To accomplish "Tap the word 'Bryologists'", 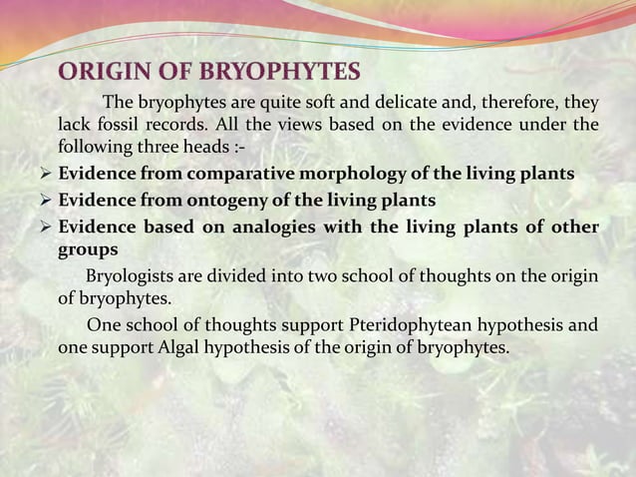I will pyautogui.click(x=133, y=275).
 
